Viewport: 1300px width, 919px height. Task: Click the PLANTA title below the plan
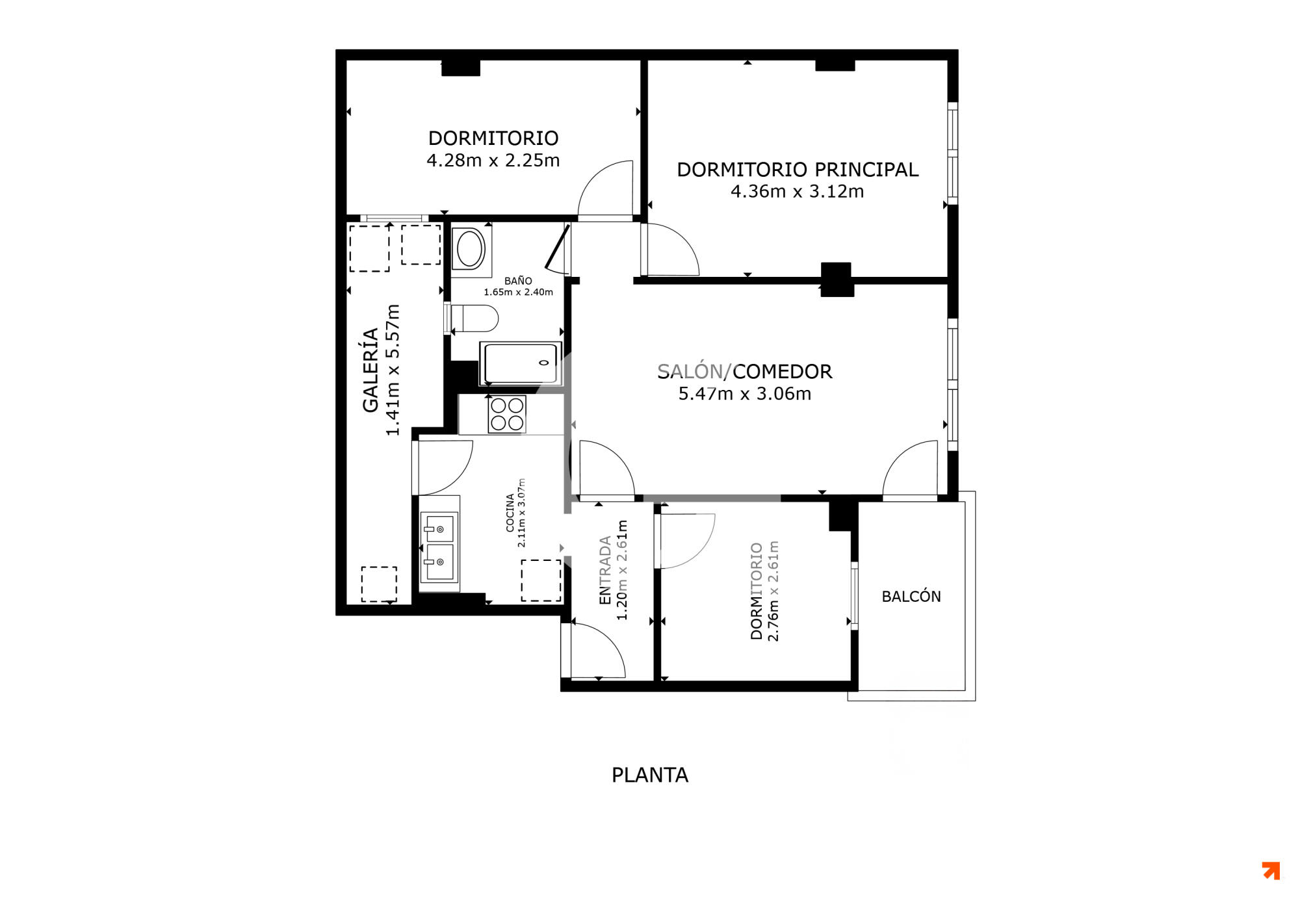point(649,775)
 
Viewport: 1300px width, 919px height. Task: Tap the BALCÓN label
point(911,596)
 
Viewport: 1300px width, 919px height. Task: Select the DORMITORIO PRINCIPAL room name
point(798,169)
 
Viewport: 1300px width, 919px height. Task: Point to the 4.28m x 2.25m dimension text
point(493,160)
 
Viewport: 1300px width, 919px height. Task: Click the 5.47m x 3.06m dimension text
point(745,393)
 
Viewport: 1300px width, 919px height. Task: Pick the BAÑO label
point(518,281)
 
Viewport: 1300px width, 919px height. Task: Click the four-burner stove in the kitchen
point(507,415)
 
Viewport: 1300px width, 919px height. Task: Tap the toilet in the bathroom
point(474,318)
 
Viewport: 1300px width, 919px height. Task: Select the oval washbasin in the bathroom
point(471,248)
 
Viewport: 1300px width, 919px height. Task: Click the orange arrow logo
point(1271,870)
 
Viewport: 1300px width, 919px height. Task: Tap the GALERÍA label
point(370,370)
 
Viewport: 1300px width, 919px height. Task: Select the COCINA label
point(510,513)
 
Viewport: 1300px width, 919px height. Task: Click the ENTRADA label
point(604,570)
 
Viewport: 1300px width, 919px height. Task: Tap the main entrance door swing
point(598,650)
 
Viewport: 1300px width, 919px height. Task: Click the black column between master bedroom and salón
point(836,279)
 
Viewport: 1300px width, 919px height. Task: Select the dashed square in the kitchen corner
point(541,580)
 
